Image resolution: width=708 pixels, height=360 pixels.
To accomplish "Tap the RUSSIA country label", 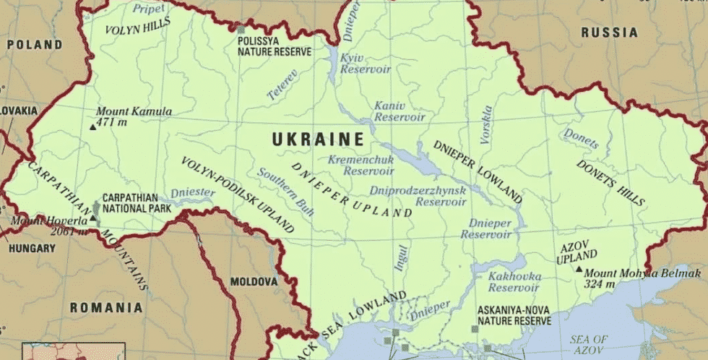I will click(610, 33).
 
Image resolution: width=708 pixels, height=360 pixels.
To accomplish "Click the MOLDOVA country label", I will click(254, 280).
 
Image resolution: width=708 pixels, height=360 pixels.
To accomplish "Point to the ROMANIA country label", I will click(105, 307).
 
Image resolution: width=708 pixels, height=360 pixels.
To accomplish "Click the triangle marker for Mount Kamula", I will click(92, 127).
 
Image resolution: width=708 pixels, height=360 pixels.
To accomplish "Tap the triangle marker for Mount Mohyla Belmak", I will click(578, 269).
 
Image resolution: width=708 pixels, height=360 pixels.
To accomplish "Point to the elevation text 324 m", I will click(600, 284).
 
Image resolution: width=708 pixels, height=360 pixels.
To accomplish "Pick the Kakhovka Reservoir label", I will click(514, 282).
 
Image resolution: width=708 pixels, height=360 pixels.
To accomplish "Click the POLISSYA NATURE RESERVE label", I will click(275, 46).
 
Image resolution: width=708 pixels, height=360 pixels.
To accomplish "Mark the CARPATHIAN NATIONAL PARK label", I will click(137, 202).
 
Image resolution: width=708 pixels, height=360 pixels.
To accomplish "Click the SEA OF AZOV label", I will click(589, 344).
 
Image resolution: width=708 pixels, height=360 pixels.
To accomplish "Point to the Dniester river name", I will click(192, 193).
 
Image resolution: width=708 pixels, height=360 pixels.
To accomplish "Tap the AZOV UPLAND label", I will click(578, 250).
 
